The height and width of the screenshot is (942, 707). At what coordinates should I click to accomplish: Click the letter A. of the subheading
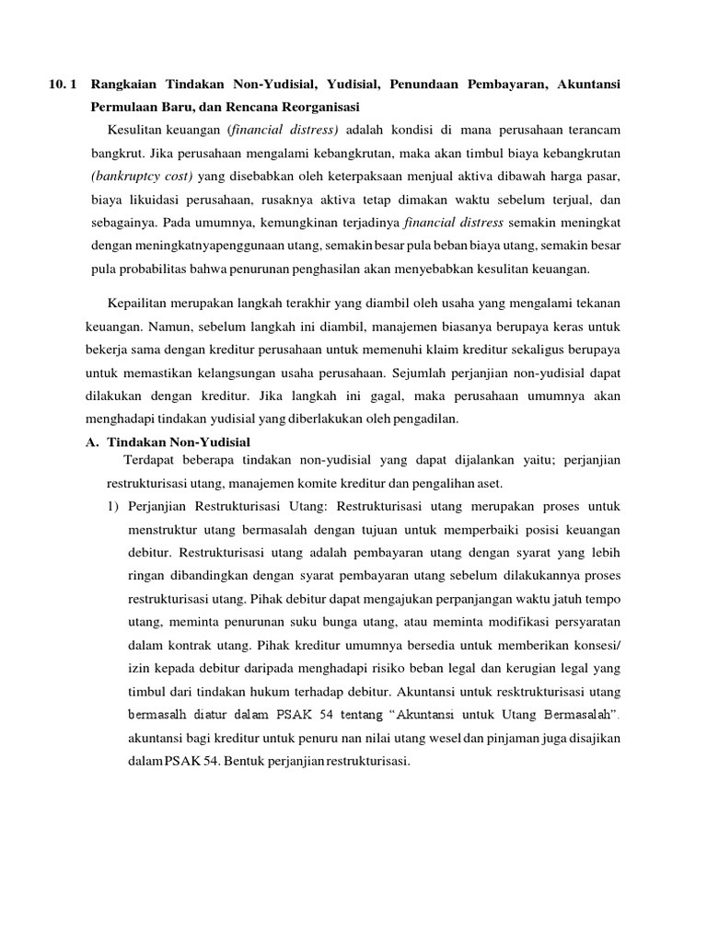[91, 441]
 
